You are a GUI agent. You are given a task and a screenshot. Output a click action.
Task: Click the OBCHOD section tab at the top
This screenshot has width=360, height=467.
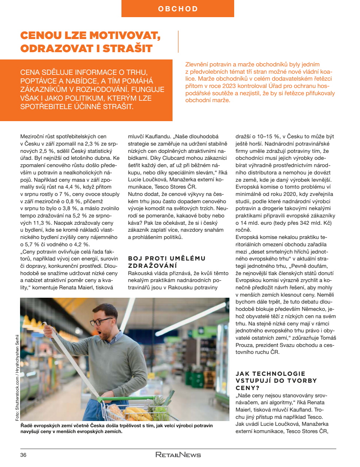[178, 9]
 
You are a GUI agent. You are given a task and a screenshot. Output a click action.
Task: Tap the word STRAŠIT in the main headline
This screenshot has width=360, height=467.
[128, 49]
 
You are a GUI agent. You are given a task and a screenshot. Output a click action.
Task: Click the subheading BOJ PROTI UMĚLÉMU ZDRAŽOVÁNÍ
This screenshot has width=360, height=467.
[167, 262]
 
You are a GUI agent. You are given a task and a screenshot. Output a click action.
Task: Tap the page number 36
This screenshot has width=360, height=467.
[23, 455]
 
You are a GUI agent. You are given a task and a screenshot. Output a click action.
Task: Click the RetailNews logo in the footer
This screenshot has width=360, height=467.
[178, 455]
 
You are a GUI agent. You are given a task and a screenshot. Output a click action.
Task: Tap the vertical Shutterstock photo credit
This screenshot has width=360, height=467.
[17, 378]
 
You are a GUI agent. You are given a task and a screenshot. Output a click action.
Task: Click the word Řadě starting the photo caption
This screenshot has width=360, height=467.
[26, 425]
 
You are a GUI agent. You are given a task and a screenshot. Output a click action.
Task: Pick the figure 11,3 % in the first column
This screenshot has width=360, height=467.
[34, 223]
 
